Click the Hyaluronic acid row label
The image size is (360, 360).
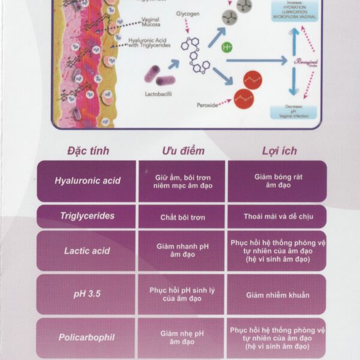87,181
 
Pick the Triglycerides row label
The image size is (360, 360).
87,216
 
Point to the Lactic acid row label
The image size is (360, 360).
87,250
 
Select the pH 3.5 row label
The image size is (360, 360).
87,294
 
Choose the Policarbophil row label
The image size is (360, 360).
87,337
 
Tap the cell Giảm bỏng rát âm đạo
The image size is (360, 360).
277,181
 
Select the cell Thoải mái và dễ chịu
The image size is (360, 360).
277,216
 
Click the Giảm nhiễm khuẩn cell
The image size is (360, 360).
277,295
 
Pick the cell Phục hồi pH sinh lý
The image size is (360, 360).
182,294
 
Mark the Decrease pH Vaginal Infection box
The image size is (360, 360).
293,111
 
